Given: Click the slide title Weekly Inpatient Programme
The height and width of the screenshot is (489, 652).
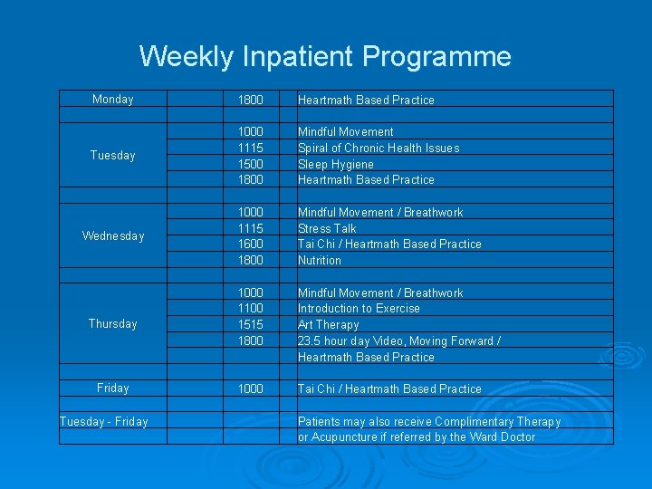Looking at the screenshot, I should (325, 57).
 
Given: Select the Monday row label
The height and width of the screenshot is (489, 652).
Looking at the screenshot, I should (112, 100).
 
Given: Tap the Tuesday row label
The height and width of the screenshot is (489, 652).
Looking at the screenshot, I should (112, 156).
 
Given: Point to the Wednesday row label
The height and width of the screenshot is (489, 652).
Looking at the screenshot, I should (112, 236).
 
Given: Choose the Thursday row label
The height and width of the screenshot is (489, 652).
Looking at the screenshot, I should (112, 324).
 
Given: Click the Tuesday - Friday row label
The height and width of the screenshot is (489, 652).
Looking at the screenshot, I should (103, 421).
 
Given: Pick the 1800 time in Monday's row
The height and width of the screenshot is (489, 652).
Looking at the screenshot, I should (250, 100).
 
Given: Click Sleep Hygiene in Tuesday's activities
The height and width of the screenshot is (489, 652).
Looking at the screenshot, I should (335, 164).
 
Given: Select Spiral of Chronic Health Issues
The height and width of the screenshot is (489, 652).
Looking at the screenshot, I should (379, 148).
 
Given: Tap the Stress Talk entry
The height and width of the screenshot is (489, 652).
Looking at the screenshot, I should (327, 228).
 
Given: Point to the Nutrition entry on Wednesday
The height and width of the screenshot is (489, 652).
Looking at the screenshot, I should (320, 261).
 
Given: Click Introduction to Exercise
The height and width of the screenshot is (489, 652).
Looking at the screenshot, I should (359, 309).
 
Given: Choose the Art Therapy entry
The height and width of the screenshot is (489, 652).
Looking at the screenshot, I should (328, 325).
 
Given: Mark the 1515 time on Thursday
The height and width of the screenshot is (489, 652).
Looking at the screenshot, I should (250, 325).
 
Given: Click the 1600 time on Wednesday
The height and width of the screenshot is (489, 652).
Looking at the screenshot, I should (250, 244).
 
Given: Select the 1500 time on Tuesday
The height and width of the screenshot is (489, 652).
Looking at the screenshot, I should (250, 164).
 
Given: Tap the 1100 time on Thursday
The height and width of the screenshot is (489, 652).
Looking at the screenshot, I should (250, 309).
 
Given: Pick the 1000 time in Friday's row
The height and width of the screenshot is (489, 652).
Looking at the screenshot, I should (250, 389).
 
